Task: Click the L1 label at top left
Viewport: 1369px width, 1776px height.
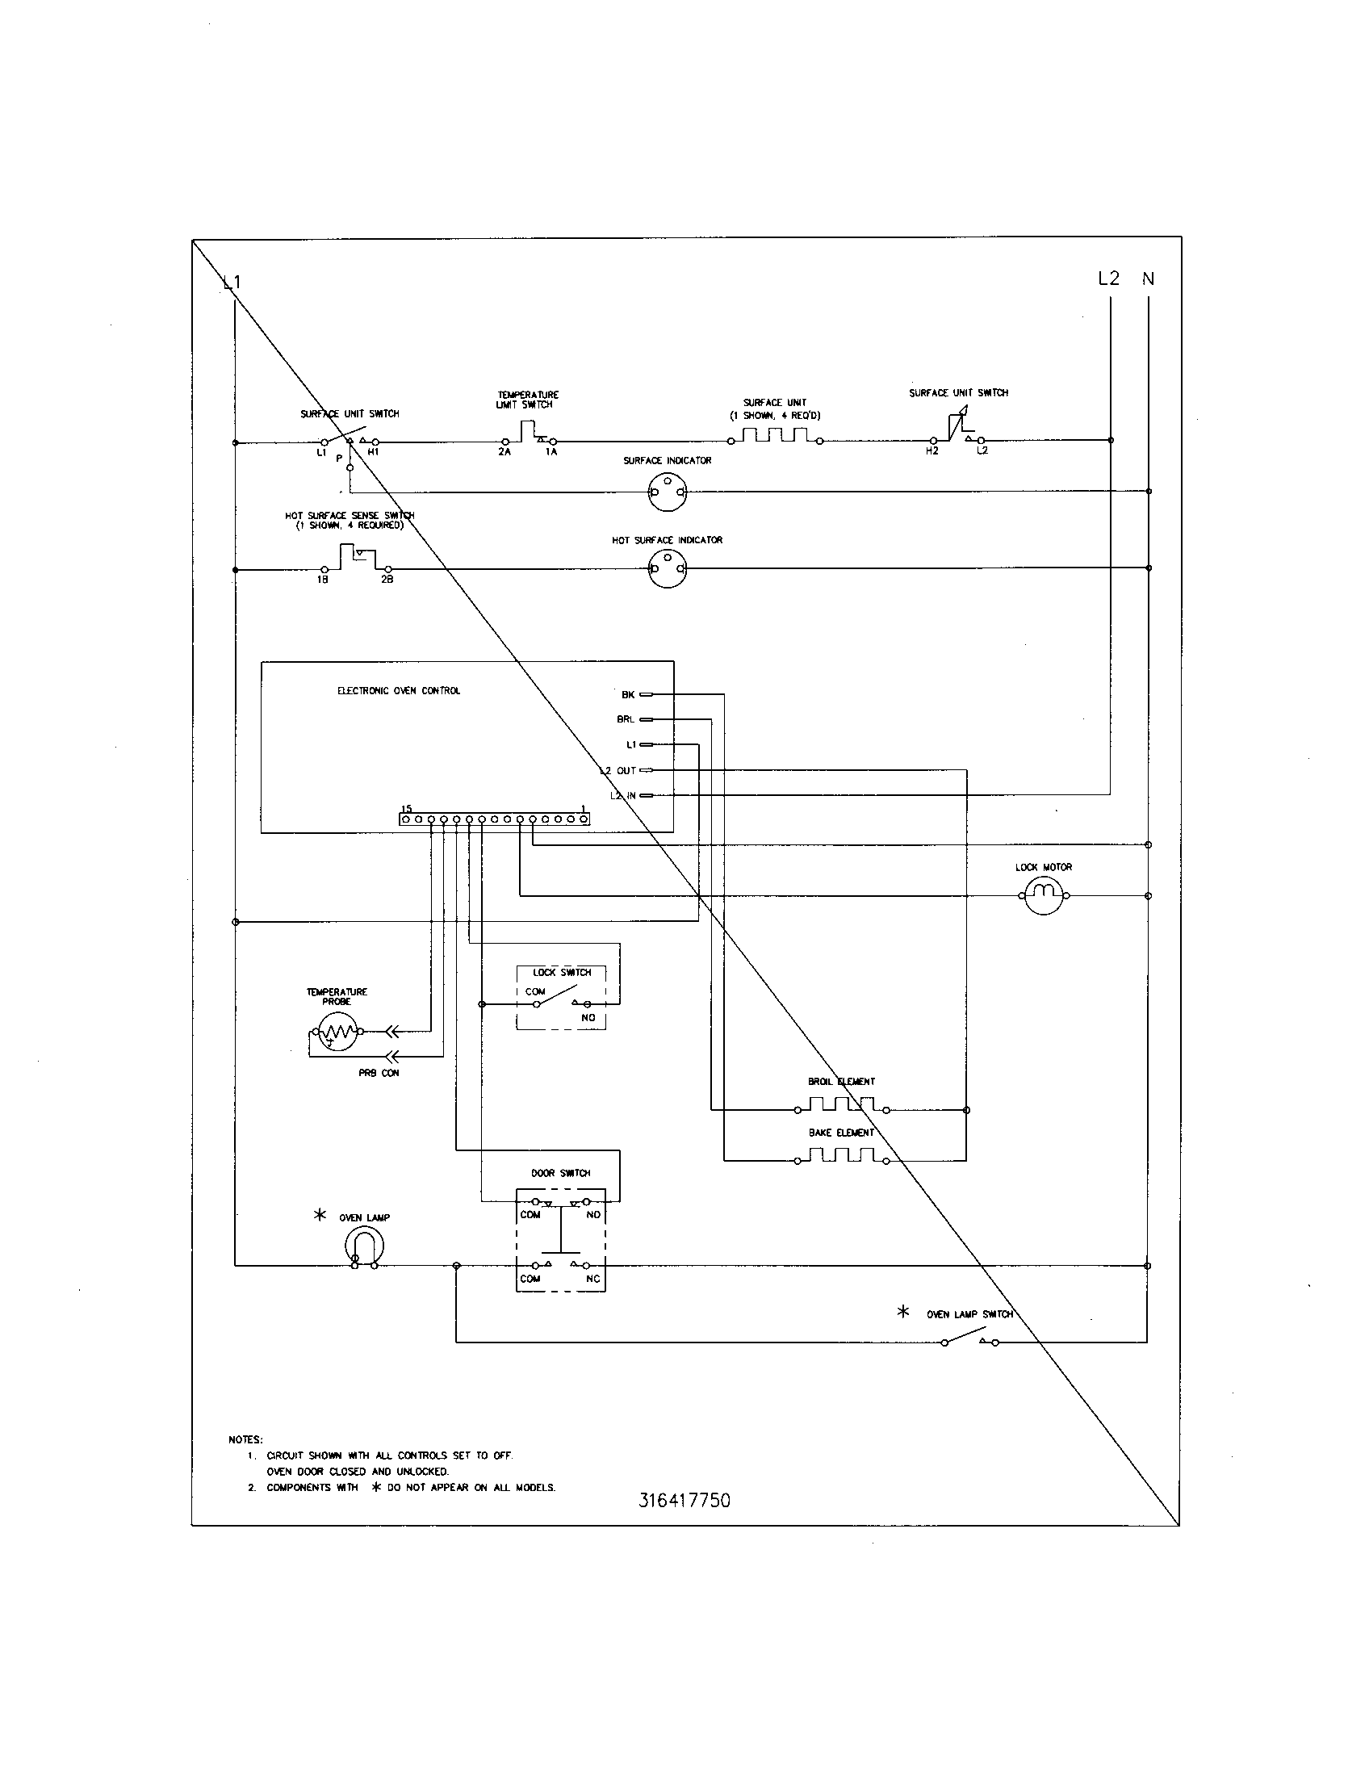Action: pos(232,283)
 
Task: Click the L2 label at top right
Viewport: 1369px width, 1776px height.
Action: pos(1108,279)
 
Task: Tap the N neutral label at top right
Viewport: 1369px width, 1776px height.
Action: pos(1148,279)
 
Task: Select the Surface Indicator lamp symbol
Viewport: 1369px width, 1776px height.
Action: pos(668,492)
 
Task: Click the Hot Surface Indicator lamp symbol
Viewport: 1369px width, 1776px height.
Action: pos(668,568)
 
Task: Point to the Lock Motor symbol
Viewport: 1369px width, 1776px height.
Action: pos(1043,895)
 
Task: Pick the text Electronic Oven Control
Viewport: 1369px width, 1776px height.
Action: pos(398,690)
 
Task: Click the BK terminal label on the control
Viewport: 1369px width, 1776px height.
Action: pos(628,694)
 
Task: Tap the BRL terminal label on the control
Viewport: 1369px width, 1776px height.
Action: pos(625,719)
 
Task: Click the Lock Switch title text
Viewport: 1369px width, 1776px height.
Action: pos(562,972)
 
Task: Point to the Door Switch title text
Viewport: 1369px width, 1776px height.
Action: pos(560,1173)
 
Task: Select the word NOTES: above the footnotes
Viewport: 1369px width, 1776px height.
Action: pos(245,1439)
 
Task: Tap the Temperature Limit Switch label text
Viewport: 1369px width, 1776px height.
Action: pos(528,400)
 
